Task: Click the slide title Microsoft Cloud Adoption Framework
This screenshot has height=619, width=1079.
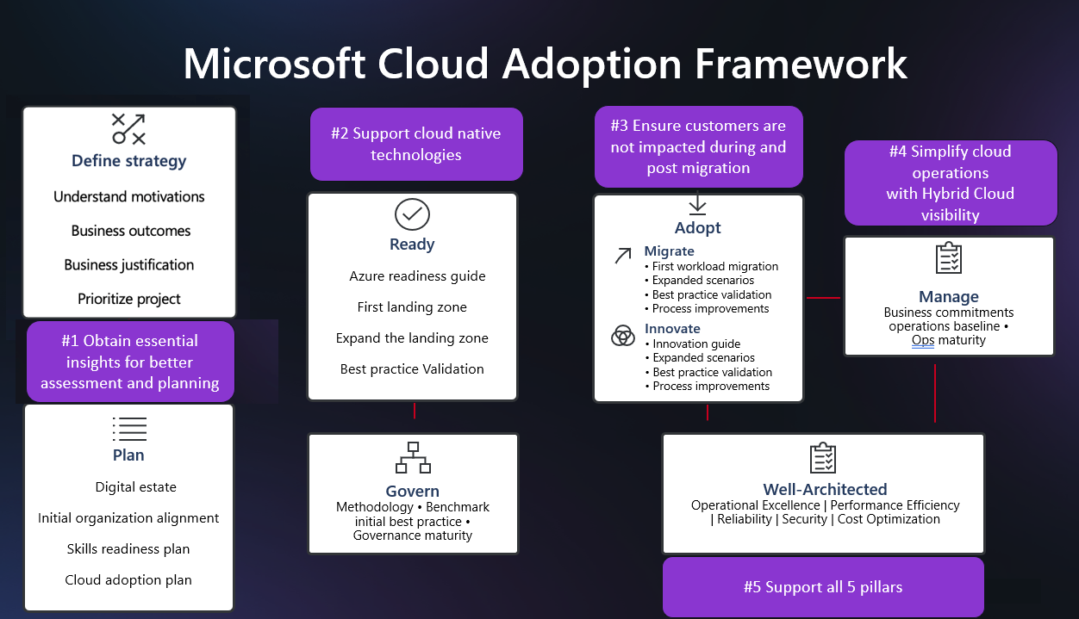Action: tap(545, 64)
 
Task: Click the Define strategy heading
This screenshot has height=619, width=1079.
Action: tap(129, 161)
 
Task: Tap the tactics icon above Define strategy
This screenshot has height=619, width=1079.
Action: tap(129, 129)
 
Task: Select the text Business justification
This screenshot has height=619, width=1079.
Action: tap(129, 265)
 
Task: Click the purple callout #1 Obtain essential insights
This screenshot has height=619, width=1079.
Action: tap(130, 362)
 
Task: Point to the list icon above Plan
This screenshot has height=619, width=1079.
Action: tap(129, 429)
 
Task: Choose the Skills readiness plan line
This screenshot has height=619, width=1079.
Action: tap(128, 549)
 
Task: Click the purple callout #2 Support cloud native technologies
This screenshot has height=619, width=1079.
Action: tap(416, 144)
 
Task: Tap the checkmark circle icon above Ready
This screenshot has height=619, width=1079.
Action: tap(412, 214)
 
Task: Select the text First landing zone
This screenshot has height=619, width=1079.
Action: tap(412, 307)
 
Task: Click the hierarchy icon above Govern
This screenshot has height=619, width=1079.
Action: tap(413, 458)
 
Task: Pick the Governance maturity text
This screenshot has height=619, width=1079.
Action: tap(413, 535)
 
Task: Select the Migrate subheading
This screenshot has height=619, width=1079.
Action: tap(669, 251)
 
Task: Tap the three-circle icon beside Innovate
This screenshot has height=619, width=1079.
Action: tap(623, 336)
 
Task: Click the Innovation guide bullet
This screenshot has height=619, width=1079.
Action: tap(696, 344)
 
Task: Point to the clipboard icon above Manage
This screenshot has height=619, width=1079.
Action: tap(949, 258)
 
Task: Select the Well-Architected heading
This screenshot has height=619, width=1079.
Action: tap(825, 489)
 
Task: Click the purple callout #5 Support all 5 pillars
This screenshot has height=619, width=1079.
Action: tap(823, 587)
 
